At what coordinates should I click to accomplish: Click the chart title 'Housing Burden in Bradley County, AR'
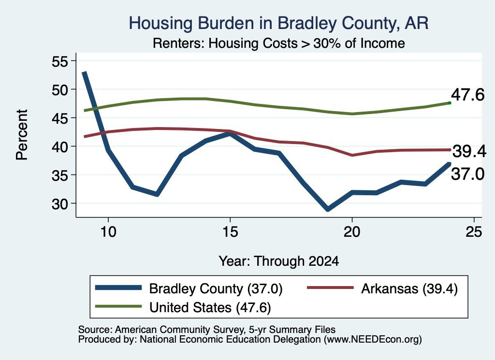[278, 24]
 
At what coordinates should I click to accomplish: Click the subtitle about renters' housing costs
[279, 43]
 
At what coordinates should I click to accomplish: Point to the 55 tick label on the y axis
[60, 61]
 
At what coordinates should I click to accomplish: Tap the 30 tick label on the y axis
[60, 204]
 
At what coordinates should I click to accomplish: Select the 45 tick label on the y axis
[60, 118]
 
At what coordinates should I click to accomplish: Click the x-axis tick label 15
[230, 232]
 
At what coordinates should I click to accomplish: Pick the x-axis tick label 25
[474, 232]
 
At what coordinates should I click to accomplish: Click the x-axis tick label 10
[108, 232]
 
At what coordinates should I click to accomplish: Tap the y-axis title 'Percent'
[22, 135]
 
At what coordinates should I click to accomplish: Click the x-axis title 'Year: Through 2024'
[279, 261]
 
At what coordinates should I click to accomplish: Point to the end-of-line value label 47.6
[467, 95]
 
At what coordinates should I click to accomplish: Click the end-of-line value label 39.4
[469, 151]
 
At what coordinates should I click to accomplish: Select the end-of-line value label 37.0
[467, 174]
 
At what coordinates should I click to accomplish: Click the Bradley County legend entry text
[216, 288]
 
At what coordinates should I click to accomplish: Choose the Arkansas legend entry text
[409, 288]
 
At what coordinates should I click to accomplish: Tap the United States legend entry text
[210, 308]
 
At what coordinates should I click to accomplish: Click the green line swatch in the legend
[118, 306]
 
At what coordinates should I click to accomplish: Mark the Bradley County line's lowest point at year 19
[328, 209]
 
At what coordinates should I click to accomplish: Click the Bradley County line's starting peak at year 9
[84, 73]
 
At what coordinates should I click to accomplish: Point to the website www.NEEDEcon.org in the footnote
[373, 339]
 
